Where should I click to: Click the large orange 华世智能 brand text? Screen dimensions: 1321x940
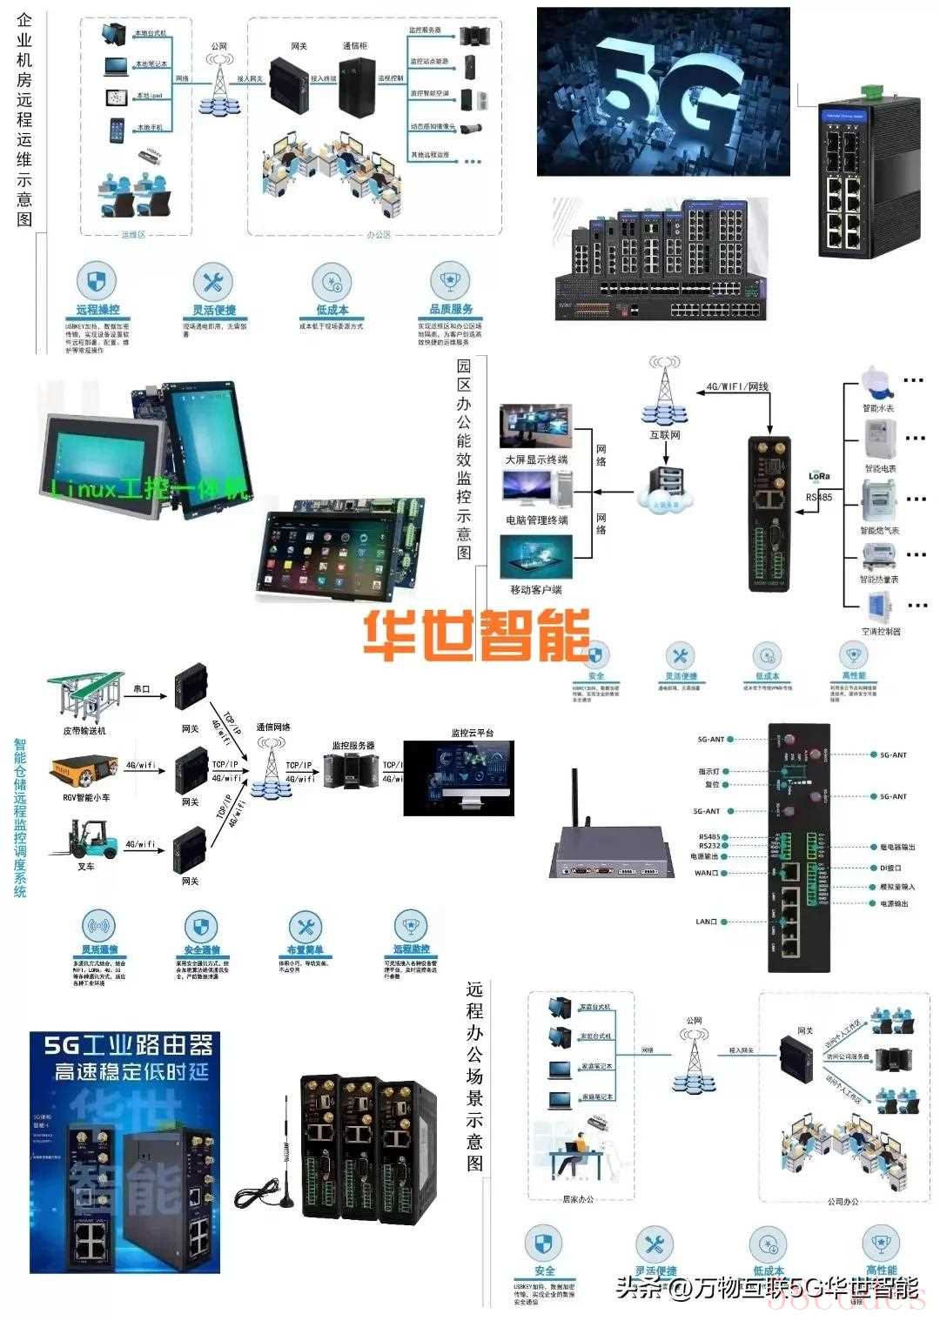476,634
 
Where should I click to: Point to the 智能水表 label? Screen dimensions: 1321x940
878,408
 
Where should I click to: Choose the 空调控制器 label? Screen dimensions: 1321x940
881,631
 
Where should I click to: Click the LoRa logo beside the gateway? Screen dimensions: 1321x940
819,476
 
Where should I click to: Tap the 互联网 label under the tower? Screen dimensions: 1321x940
665,434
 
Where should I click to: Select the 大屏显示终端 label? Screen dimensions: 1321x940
536,459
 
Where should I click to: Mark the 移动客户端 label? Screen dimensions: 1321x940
535,589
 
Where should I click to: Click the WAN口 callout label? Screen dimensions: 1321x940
706,873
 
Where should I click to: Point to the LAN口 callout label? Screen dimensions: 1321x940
706,922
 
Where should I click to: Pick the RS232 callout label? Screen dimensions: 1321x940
708,846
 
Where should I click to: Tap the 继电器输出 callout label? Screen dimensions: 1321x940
893,847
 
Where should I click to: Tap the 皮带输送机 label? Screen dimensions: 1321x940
84,731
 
